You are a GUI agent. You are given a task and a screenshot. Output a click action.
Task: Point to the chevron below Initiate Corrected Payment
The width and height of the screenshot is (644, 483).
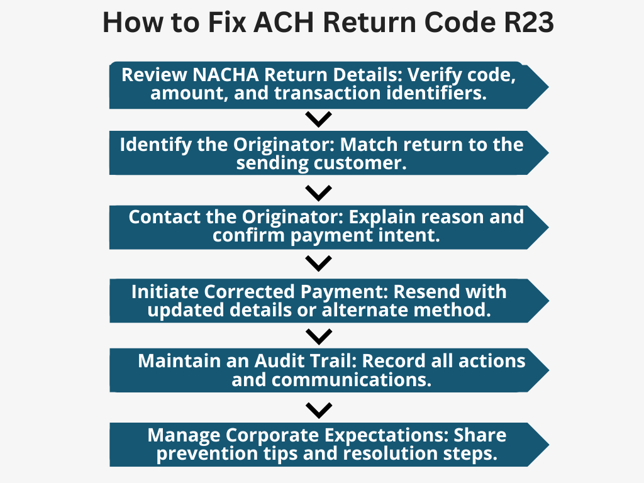tap(318, 336)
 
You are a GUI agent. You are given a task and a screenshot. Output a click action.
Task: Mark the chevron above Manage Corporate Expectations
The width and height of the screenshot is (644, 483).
tap(318, 410)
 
